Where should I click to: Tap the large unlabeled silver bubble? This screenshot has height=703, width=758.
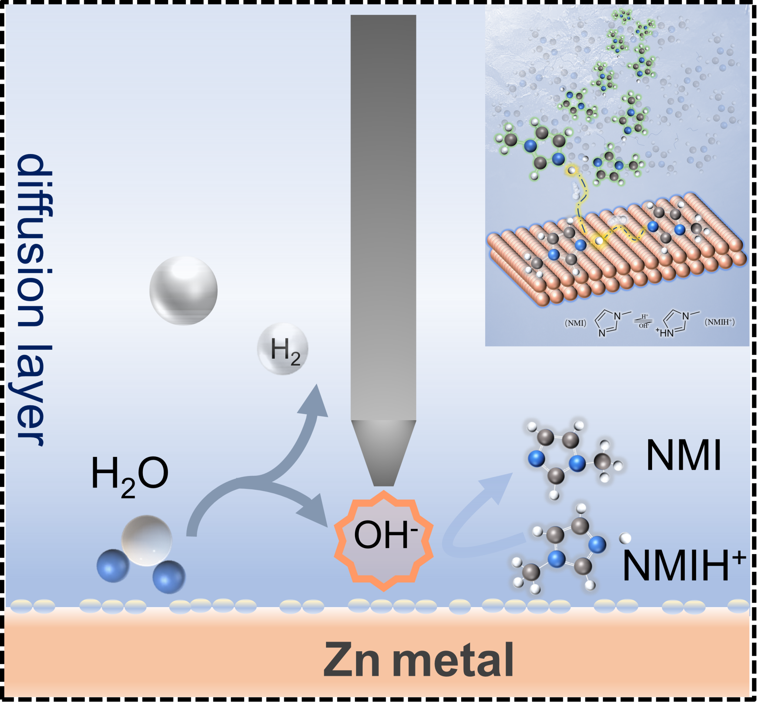(183, 290)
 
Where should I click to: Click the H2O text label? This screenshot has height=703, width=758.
(129, 476)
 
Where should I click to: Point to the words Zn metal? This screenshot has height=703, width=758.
(418, 659)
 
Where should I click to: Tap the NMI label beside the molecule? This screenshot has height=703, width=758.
(684, 455)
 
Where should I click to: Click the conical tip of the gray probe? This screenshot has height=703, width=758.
(383, 453)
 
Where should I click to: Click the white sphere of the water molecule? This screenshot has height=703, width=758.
(147, 540)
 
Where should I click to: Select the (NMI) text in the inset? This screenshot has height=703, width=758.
(575, 323)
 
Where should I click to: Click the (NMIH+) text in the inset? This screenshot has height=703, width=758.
(720, 322)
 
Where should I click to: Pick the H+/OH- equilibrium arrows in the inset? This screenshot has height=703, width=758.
(644, 321)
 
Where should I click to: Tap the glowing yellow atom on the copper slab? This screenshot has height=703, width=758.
(598, 240)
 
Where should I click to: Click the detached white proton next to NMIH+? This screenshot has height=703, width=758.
(625, 538)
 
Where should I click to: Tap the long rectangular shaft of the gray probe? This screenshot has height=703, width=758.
(383, 217)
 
